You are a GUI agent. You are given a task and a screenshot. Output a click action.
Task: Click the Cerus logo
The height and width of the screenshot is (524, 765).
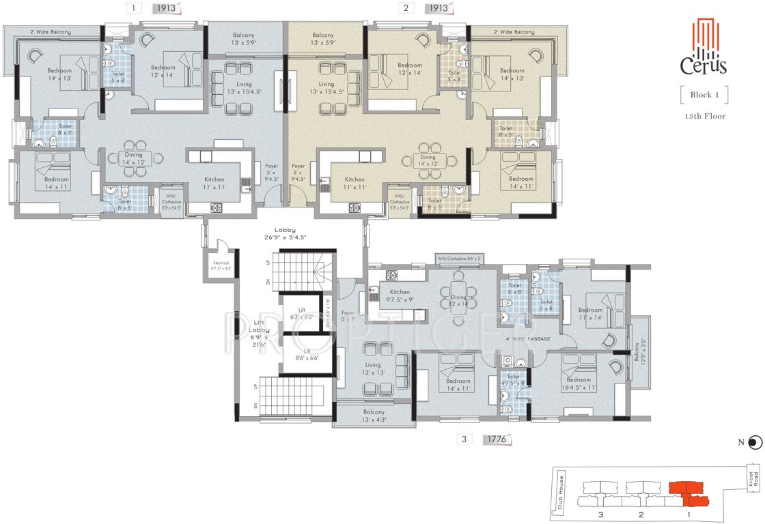tap(703, 47)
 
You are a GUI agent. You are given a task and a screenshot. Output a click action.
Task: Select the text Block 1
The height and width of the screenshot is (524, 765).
tap(703, 95)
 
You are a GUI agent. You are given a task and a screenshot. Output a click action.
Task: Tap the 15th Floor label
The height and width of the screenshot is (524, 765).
tap(704, 116)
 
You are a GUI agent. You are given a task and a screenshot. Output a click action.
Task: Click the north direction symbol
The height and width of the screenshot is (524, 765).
tap(753, 443)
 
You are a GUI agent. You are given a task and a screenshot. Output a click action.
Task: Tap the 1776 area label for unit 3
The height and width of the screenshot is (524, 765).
tap(497, 439)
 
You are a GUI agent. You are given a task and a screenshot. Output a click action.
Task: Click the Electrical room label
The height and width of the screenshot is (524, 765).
tap(221, 265)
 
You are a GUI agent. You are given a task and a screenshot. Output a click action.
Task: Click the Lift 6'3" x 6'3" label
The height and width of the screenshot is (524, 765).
tap(301, 313)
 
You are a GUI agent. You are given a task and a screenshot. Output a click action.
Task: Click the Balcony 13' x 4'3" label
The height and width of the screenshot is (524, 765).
tap(374, 416)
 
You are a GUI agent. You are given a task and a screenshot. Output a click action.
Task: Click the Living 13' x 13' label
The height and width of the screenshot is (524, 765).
tap(374, 368)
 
